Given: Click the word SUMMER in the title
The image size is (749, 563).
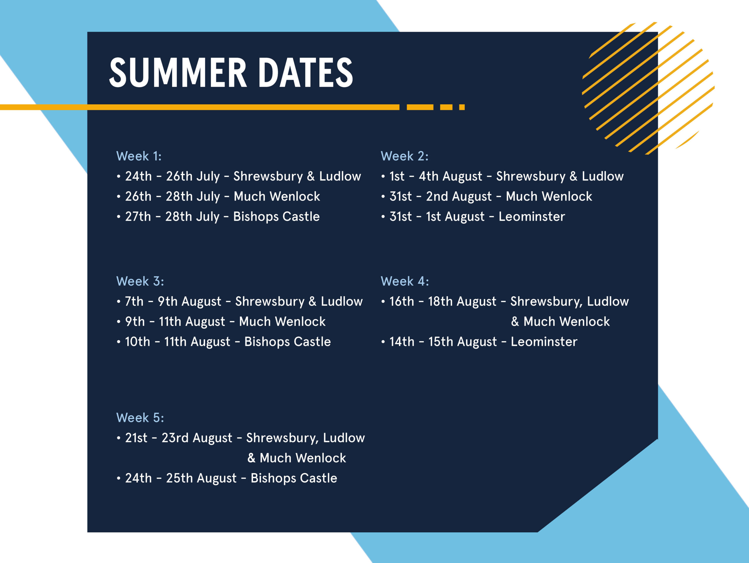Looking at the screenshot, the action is (178, 72).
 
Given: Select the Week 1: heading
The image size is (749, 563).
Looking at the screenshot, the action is (139, 156).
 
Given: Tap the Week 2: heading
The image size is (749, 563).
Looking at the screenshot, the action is (405, 156).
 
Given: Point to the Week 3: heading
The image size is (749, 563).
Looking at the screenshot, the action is (140, 281).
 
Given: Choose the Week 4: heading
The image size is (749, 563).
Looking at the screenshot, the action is (405, 281).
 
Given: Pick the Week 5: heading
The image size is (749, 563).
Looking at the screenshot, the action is (140, 417).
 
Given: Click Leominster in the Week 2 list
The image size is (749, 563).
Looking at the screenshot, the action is (532, 216).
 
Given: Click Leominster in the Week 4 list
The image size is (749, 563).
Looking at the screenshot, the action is (544, 342).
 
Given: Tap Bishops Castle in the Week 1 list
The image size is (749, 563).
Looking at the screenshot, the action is (276, 217).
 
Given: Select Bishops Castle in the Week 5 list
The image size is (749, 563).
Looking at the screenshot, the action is (294, 478).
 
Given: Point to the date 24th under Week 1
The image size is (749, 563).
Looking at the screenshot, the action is (138, 176).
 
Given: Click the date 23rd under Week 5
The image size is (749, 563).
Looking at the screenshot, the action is (175, 438).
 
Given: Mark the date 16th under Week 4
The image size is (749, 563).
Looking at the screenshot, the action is (402, 301).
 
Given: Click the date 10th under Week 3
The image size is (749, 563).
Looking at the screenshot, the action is (138, 342).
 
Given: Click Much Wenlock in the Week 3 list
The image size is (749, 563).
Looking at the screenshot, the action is (282, 321).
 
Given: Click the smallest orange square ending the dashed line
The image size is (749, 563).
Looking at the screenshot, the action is (462, 107).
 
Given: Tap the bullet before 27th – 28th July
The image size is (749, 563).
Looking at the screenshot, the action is (118, 217).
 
